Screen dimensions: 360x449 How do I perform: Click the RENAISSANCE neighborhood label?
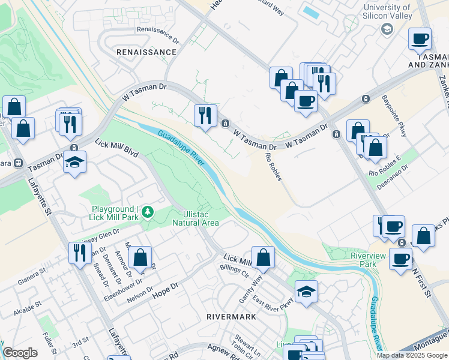tap(146, 52)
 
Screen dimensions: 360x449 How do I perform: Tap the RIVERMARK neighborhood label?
tap(231, 316)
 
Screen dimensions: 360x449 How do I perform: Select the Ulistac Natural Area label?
tap(196, 218)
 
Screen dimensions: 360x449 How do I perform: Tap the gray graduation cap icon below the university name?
tap(387, 29)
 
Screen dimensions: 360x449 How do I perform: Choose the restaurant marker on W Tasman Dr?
tap(205, 115)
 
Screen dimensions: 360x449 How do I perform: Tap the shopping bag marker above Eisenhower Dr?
tap(140, 257)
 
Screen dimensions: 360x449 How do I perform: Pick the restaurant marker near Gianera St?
tap(79, 252)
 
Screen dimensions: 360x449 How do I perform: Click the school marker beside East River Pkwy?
tap(306, 292)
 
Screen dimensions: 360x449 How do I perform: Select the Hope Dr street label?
tap(165, 290)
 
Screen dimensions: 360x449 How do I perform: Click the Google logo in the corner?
tap(20, 353)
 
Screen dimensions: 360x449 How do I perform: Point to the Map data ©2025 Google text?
tap(412, 355)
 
